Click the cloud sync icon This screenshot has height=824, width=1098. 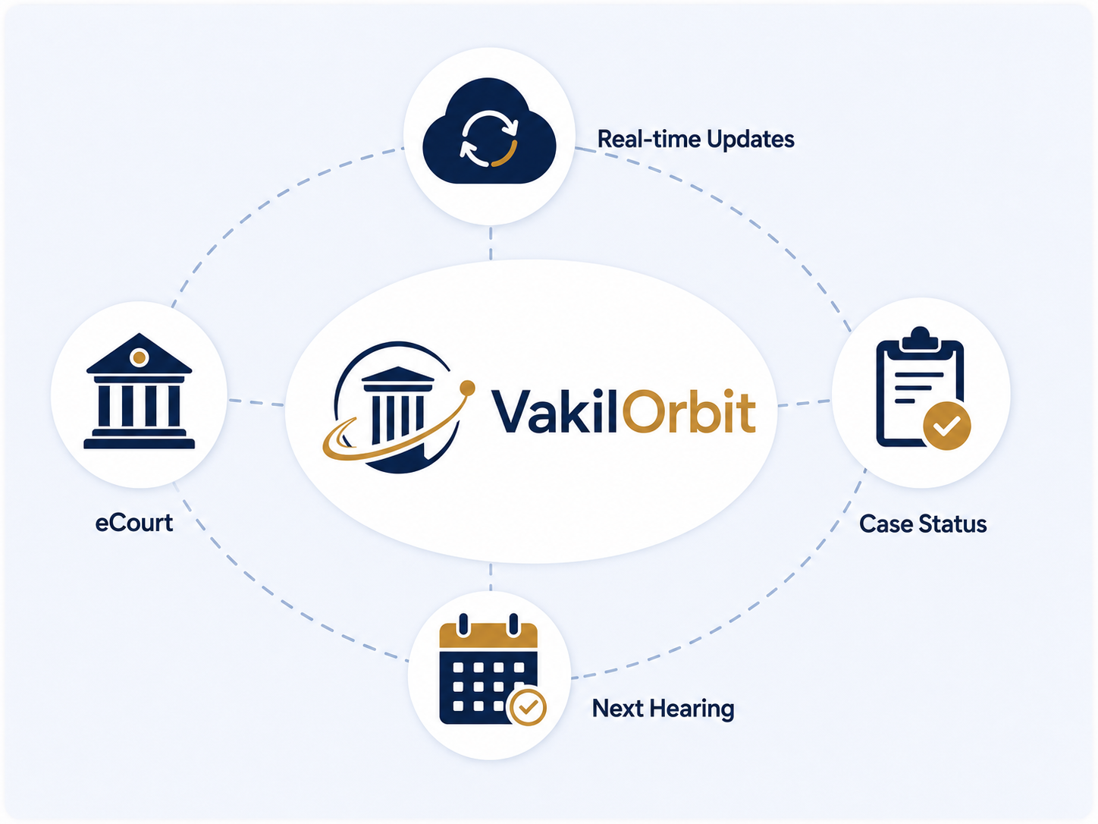pos(489,131)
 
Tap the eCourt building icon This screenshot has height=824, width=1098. pos(139,392)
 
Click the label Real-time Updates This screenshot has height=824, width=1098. pos(696,139)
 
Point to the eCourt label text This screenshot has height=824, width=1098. pos(134,523)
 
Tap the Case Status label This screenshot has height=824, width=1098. pos(923,524)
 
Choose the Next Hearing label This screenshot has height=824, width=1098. pos(663,709)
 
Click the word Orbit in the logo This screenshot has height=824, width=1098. pos(689,410)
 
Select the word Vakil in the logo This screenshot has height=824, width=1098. pos(554,410)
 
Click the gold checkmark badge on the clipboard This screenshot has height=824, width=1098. pos(947,426)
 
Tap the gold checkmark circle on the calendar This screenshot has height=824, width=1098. pos(527,707)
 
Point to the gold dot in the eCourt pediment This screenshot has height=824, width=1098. pos(139,357)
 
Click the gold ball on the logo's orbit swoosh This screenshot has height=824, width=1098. pos(467,387)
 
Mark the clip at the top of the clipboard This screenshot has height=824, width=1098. pos(921,340)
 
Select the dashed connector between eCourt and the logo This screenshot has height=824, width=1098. pos(256,402)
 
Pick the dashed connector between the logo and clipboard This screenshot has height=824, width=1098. pos(804,403)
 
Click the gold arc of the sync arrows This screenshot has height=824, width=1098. pos(507,155)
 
